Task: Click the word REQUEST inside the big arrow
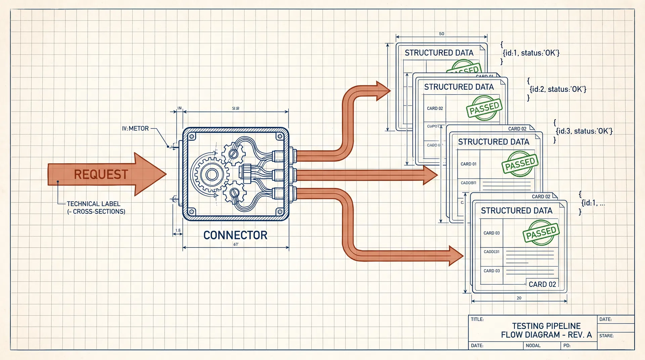click(x=101, y=175)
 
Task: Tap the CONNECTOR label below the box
click(x=235, y=235)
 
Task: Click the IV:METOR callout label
click(x=135, y=129)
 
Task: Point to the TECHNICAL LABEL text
click(x=93, y=204)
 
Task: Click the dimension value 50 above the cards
click(x=441, y=34)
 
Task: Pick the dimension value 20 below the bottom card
click(x=519, y=298)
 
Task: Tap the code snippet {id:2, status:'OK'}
click(x=558, y=89)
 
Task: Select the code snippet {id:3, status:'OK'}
click(x=584, y=131)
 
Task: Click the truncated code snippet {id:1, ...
click(x=593, y=203)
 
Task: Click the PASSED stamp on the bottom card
click(x=541, y=233)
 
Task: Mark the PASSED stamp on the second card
click(x=484, y=108)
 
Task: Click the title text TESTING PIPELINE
click(x=546, y=326)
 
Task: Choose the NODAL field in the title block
click(x=533, y=346)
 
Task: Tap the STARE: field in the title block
click(x=606, y=336)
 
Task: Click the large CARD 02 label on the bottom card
click(x=542, y=284)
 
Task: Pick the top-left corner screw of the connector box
click(x=192, y=136)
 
